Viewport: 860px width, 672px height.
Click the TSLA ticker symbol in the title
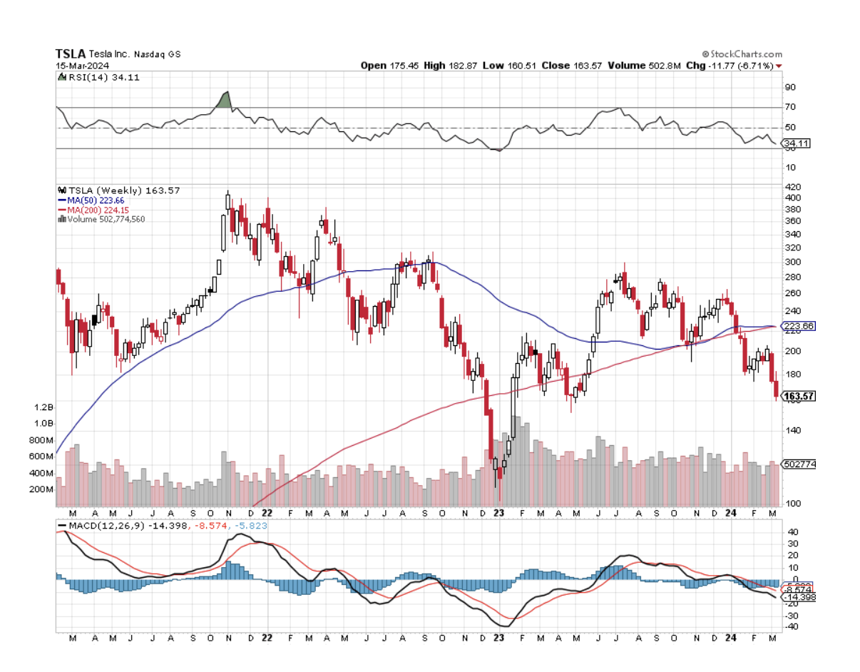(71, 54)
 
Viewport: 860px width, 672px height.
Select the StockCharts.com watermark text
(745, 54)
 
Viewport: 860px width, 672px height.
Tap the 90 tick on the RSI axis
(790, 87)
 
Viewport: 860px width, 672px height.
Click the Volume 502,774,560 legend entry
(103, 220)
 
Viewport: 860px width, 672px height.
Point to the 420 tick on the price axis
(792, 187)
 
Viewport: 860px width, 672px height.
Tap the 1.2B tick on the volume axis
(44, 407)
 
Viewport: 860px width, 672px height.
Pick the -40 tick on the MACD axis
(792, 626)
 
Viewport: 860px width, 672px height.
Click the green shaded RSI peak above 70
(225, 101)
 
